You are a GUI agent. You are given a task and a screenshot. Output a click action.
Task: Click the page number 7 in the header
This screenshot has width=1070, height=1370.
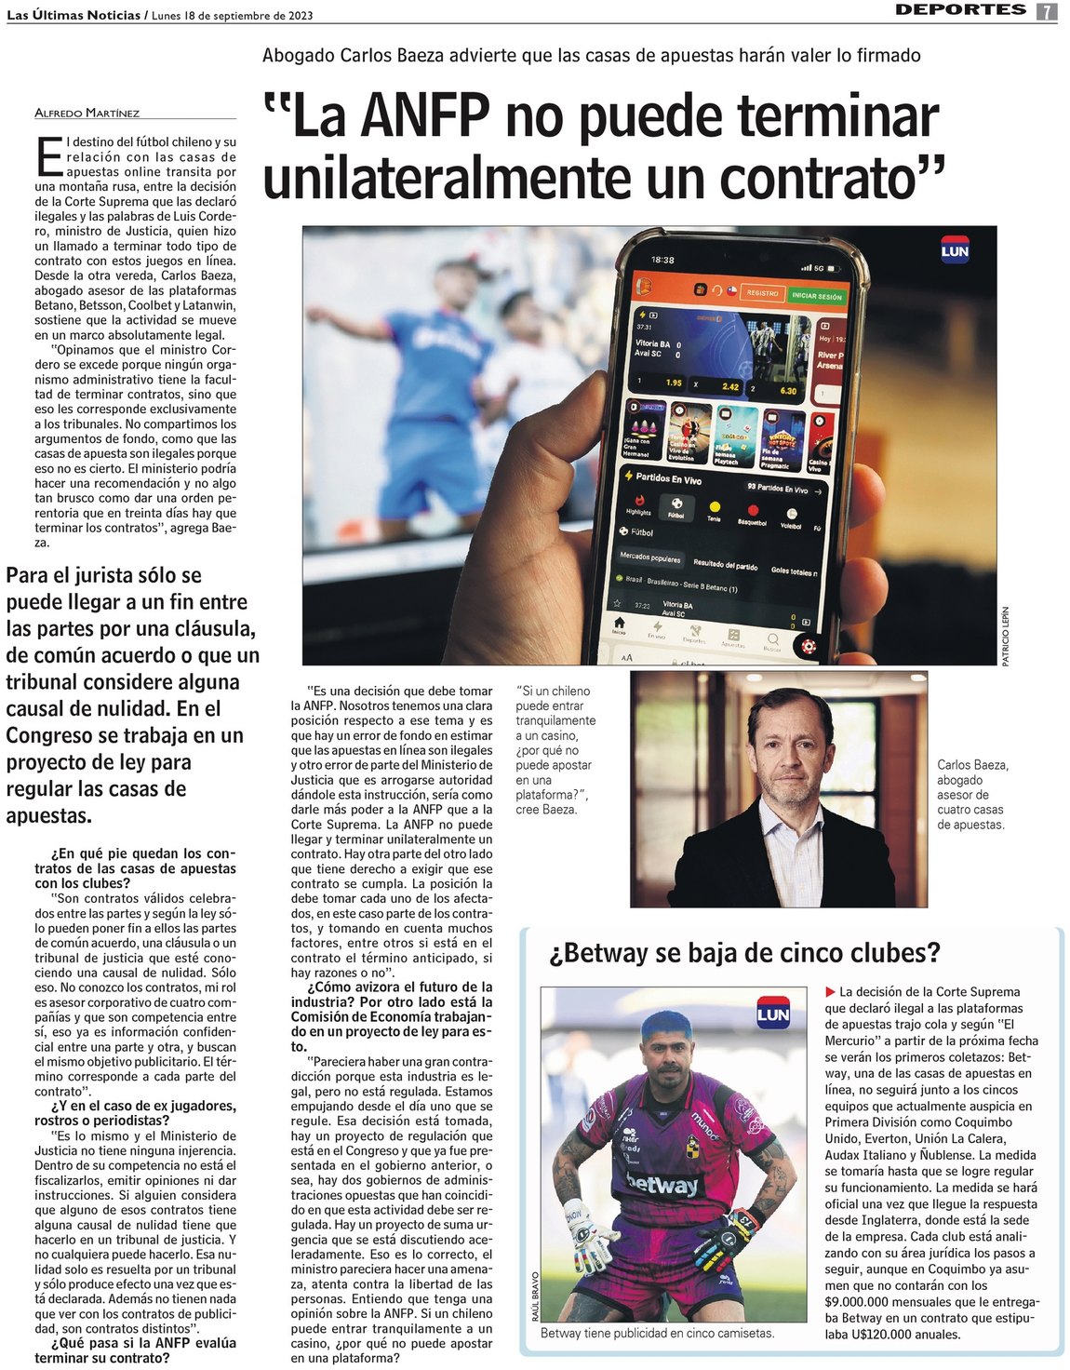1047,11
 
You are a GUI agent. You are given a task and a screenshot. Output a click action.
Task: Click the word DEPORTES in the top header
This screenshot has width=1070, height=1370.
960,10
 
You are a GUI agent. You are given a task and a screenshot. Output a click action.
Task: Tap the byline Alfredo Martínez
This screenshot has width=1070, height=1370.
87,113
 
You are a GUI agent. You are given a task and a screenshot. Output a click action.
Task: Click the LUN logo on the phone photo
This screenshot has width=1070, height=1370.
955,251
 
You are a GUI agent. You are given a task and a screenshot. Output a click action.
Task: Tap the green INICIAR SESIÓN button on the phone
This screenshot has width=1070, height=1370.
816,296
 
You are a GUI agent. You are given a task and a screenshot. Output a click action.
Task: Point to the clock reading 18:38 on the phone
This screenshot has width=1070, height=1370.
662,260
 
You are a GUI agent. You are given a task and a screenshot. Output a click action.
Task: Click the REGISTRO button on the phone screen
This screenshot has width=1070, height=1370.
762,293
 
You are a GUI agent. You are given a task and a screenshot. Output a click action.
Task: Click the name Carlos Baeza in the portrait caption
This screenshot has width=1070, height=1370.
972,765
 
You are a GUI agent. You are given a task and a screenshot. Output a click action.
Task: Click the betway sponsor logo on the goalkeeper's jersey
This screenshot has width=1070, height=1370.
662,1185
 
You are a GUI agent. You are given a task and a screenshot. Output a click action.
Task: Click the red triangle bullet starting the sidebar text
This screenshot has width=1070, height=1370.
830,992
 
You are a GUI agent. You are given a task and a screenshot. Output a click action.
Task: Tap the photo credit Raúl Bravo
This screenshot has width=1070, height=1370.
535,1296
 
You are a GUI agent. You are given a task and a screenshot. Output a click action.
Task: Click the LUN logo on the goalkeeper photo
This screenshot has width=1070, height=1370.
772,1014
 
